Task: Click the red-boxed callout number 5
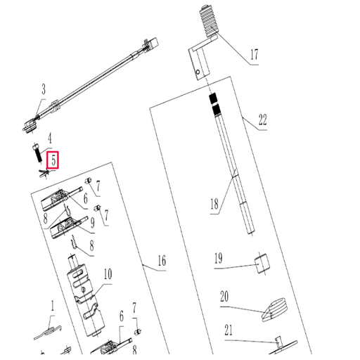click(x=53, y=161)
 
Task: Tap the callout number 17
click(x=255, y=55)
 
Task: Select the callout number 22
click(x=262, y=120)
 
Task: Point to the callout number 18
click(x=214, y=204)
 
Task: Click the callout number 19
click(x=219, y=258)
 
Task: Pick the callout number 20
click(x=224, y=297)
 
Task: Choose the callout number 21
click(x=229, y=330)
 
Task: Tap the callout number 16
click(x=162, y=261)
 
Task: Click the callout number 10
click(x=108, y=274)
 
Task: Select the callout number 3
click(x=44, y=89)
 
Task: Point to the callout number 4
click(x=50, y=139)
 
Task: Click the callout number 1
click(x=53, y=307)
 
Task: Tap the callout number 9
click(x=93, y=223)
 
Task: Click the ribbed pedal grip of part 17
click(x=210, y=22)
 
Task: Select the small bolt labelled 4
click(x=37, y=153)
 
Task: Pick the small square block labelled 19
click(x=262, y=263)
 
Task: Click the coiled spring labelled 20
click(x=274, y=309)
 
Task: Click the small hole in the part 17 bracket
click(x=198, y=72)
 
